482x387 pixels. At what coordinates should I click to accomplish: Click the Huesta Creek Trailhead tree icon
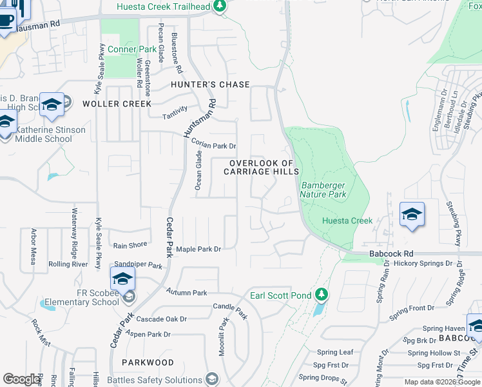(220, 6)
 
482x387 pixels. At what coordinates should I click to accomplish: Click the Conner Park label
(132, 49)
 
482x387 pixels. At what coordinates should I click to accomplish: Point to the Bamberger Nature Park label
(323, 189)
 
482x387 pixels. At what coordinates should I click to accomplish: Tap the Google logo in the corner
(22, 379)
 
